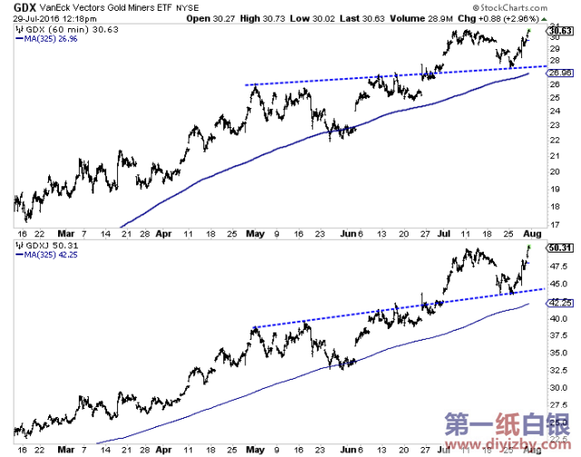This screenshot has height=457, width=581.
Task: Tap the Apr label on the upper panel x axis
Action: (163, 233)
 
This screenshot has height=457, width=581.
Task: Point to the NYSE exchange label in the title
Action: (188, 7)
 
